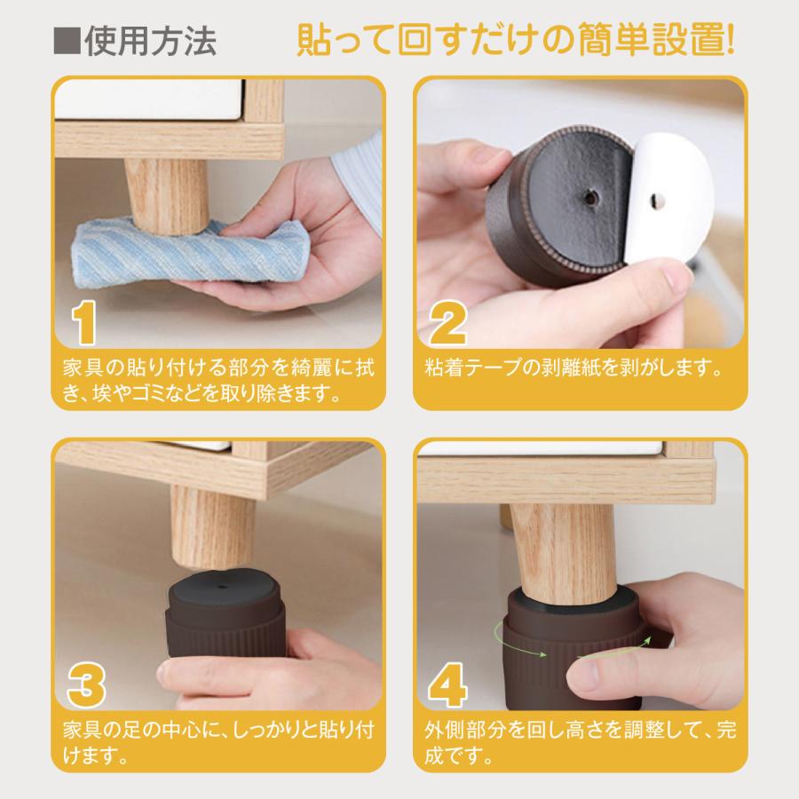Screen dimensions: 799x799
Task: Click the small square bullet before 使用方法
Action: [67, 43]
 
